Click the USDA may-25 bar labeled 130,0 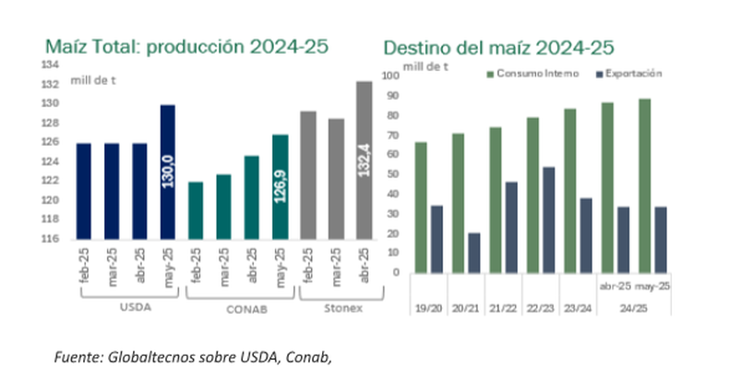(168, 172)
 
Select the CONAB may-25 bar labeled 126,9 (281, 186)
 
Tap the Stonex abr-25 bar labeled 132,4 (364, 160)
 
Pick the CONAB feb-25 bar (196, 209)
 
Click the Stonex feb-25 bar (308, 174)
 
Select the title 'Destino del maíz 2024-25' (499, 46)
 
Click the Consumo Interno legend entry (536, 73)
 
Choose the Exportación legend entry (631, 73)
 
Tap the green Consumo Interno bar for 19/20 (421, 208)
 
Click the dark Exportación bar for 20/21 (473, 252)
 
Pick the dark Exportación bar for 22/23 (549, 220)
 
